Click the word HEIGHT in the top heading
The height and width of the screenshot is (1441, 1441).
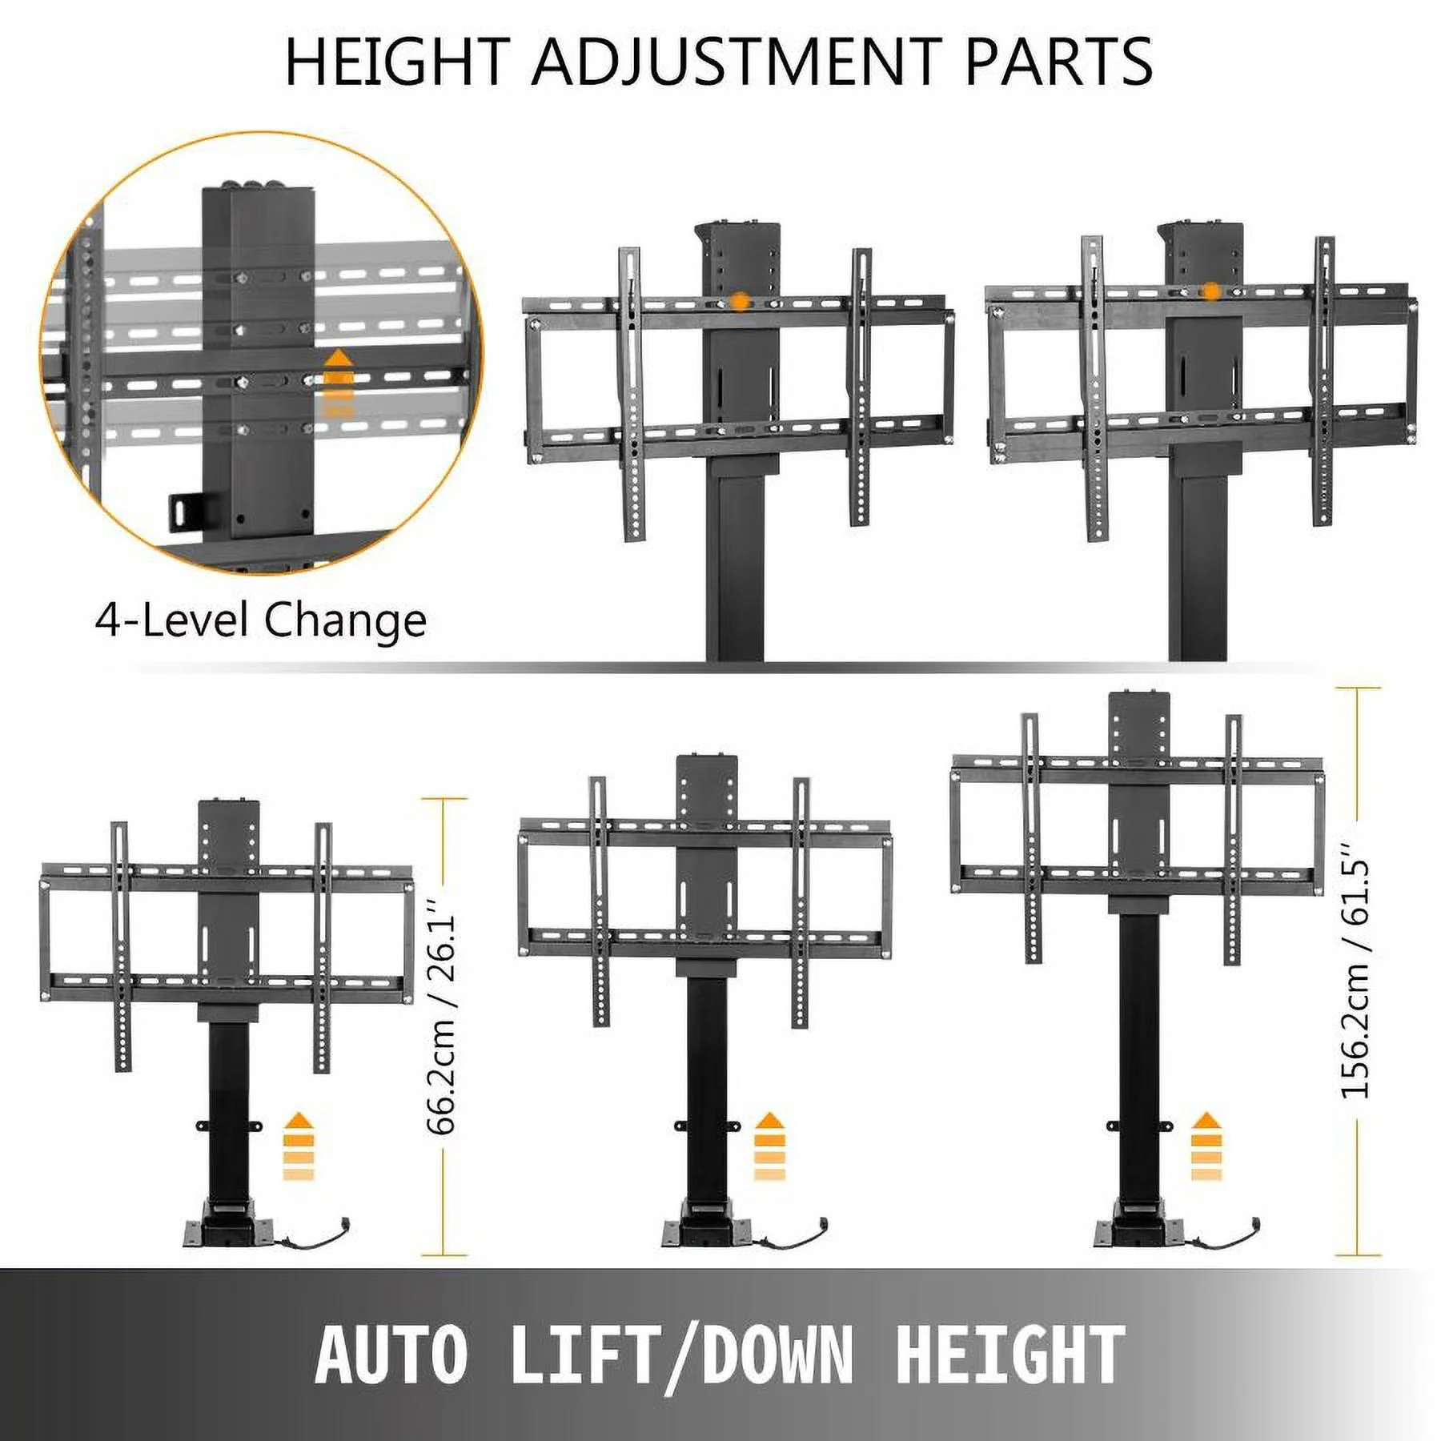397,62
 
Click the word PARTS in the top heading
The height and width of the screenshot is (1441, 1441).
1058,62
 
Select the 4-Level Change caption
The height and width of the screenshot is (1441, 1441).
261,620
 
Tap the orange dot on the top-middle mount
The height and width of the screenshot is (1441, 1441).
741,302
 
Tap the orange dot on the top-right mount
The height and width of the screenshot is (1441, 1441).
1212,291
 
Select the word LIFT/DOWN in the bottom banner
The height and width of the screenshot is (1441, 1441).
681,1355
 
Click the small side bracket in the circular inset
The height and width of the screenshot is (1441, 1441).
186,511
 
